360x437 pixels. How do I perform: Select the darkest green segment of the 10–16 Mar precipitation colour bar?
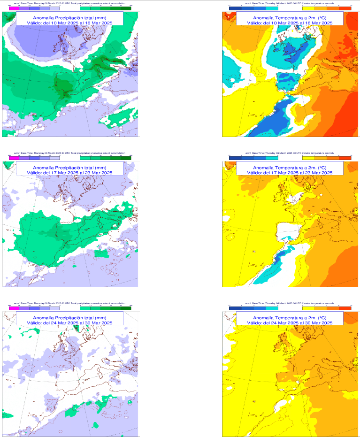point(126,8)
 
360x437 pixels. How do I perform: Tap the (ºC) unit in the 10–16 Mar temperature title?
point(322,16)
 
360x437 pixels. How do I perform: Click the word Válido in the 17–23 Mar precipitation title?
point(35,173)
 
